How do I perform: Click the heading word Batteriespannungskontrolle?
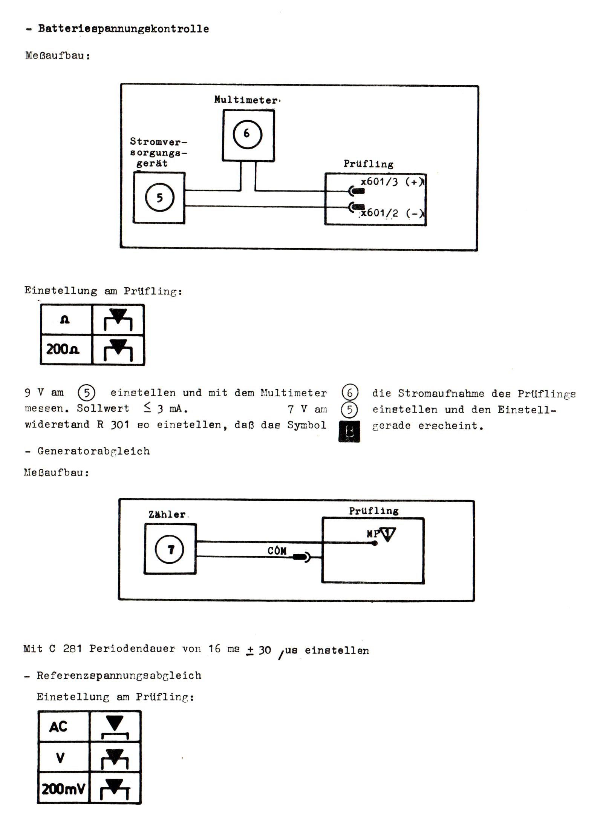(x=123, y=29)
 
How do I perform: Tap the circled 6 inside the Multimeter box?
(x=247, y=134)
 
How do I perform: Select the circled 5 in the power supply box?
(x=160, y=198)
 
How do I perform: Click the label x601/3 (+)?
(x=392, y=182)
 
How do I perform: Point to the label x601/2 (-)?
(x=392, y=213)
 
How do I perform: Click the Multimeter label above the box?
(x=246, y=100)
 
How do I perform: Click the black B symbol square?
(x=349, y=431)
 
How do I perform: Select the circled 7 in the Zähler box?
(x=170, y=550)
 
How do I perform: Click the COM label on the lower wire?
(x=277, y=551)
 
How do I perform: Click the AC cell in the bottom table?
(x=59, y=727)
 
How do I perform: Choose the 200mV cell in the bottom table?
(x=63, y=789)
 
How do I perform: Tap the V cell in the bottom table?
(x=60, y=758)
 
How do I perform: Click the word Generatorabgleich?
(x=93, y=451)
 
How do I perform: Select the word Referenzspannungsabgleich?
(x=119, y=675)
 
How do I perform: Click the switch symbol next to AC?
(x=115, y=727)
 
